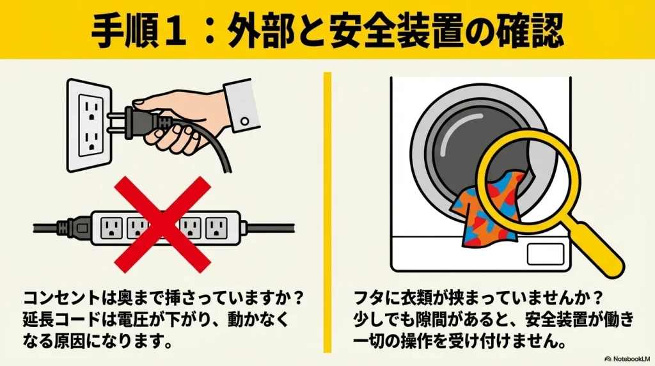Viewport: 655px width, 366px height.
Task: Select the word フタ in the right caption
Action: click(x=368, y=299)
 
